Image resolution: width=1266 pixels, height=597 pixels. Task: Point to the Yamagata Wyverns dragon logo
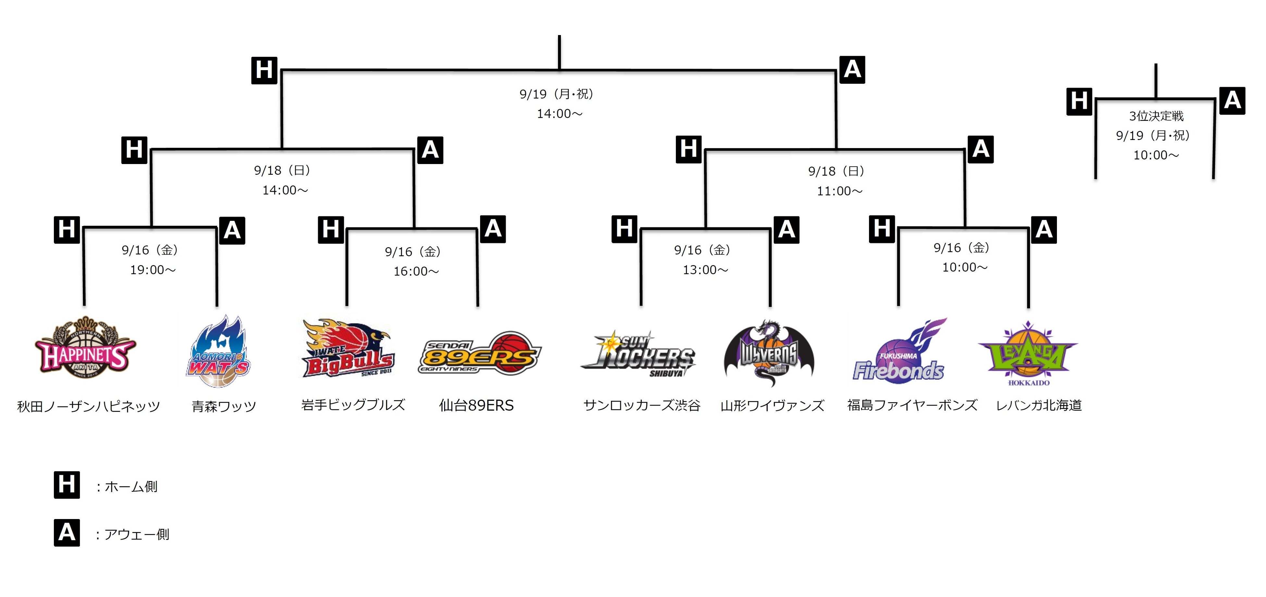(x=769, y=353)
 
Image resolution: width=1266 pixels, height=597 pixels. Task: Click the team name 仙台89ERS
(x=476, y=406)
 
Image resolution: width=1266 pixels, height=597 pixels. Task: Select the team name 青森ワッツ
(x=224, y=407)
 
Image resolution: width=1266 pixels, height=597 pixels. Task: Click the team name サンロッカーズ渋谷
(x=641, y=406)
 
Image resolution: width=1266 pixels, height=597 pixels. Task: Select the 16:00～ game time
(x=416, y=272)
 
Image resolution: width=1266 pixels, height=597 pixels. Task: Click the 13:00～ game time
(x=705, y=270)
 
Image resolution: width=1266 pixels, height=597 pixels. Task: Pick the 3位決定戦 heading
(x=1156, y=116)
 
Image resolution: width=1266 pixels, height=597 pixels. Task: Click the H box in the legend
(x=67, y=485)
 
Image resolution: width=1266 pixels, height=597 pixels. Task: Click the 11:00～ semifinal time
(x=839, y=191)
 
